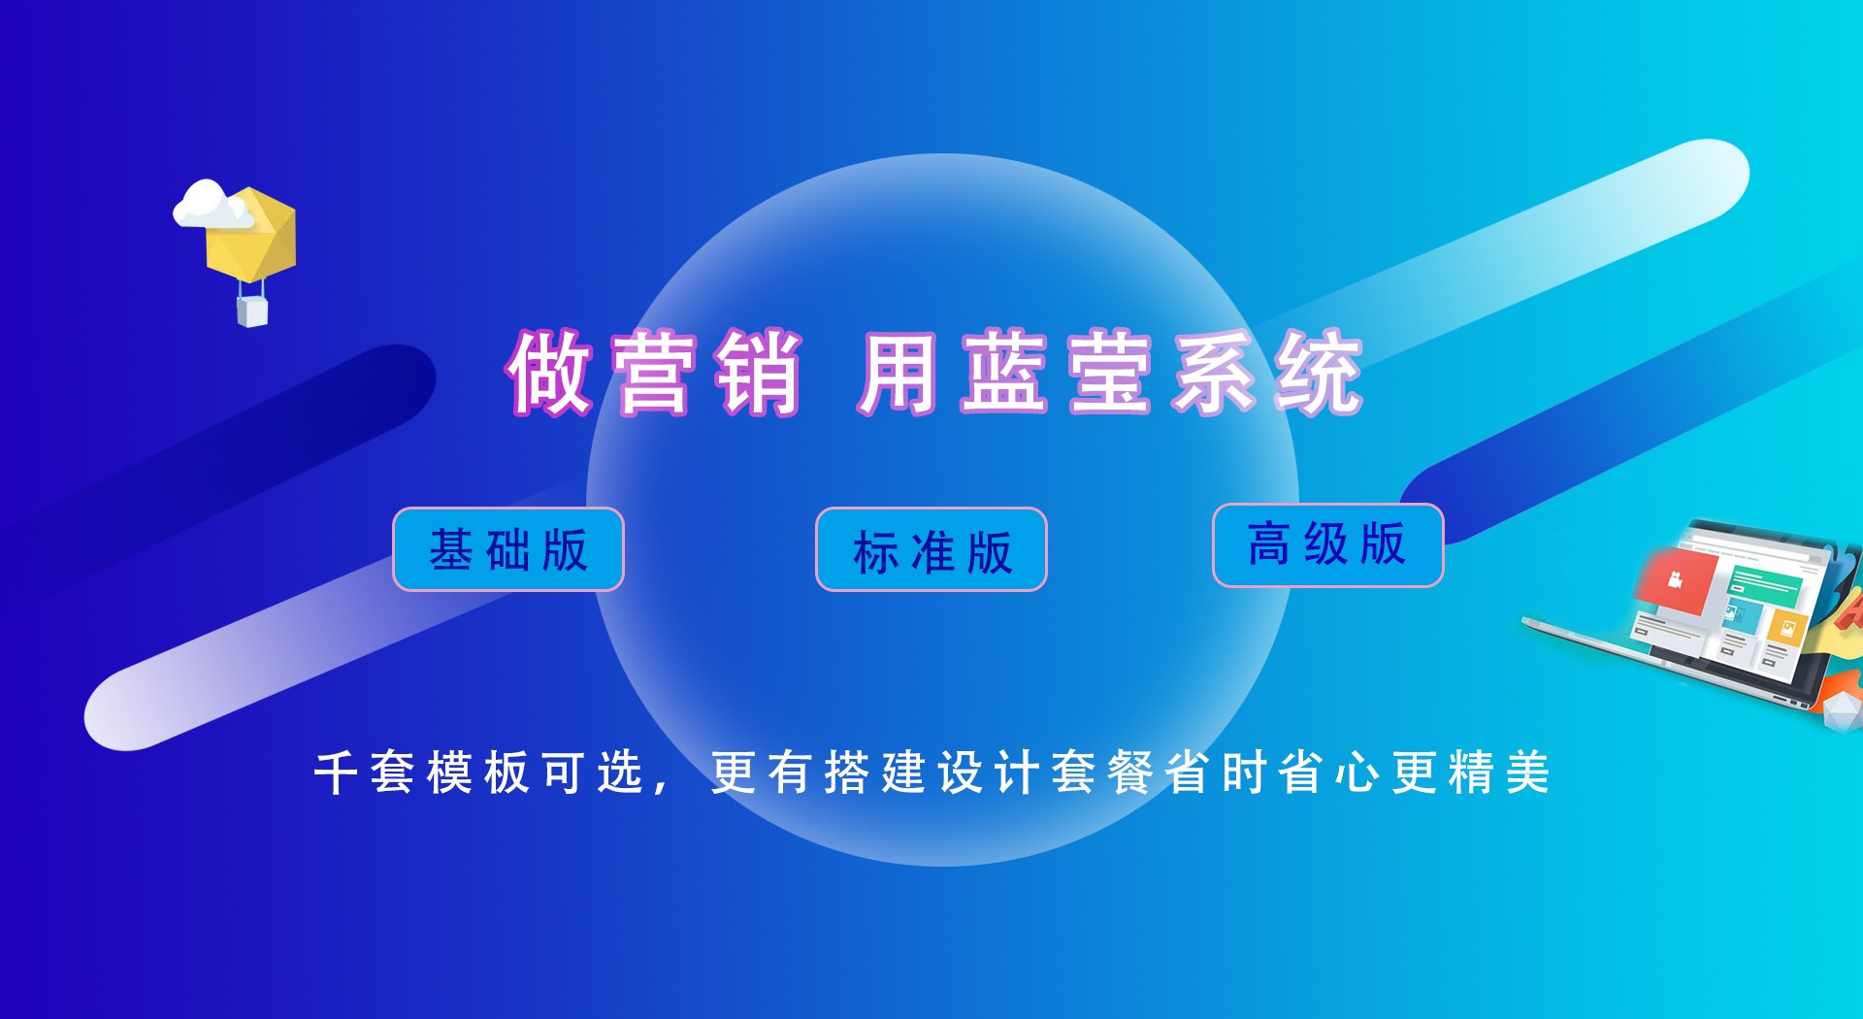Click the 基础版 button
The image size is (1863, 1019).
coord(508,549)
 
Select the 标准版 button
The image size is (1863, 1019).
coord(931,549)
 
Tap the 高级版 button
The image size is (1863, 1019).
coord(1328,545)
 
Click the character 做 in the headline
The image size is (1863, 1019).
coord(549,374)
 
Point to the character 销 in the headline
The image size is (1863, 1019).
coord(758,374)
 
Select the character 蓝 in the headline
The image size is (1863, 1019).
coord(1004,374)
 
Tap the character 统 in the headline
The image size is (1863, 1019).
coord(1320,374)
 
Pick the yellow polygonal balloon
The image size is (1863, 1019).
coord(252,235)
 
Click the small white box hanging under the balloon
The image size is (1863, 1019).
coord(252,312)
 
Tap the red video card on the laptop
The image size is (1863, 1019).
coord(1673,579)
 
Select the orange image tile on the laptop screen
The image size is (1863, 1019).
coord(1786,626)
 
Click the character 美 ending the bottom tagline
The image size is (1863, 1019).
coord(1527,773)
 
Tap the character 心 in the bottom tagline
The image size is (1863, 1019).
coord(1357,773)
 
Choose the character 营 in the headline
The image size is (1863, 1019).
coord(653,374)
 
